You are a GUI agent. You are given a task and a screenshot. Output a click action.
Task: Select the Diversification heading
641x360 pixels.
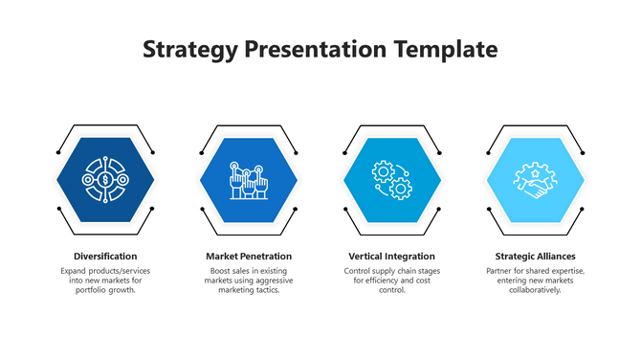click(105, 257)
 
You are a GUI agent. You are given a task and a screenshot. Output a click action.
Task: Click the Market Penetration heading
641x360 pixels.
click(249, 257)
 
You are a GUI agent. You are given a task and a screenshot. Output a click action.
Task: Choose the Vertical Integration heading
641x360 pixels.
click(391, 257)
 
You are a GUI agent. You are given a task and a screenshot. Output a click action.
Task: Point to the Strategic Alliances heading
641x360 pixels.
click(535, 257)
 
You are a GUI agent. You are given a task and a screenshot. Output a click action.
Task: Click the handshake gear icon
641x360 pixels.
click(535, 179)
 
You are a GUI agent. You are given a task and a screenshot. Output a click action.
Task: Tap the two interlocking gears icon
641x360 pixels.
click(391, 179)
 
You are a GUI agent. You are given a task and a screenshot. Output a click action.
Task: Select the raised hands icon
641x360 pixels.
click(249, 179)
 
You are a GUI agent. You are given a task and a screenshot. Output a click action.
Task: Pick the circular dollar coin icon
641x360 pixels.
click(105, 179)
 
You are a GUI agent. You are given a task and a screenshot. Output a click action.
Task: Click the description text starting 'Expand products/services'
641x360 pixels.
click(105, 281)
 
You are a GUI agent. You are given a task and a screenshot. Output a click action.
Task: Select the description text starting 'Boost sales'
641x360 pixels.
click(249, 281)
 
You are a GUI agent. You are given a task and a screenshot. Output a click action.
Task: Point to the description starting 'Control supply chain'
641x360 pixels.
click(391, 281)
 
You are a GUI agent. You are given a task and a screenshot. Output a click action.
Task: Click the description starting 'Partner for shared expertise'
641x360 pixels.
click(535, 281)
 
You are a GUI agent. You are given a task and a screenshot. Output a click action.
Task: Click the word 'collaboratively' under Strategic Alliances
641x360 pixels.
click(535, 290)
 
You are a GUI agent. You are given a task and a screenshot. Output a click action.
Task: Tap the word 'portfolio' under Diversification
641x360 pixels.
click(91, 290)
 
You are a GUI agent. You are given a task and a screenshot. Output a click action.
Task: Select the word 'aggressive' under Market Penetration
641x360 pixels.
click(272, 281)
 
